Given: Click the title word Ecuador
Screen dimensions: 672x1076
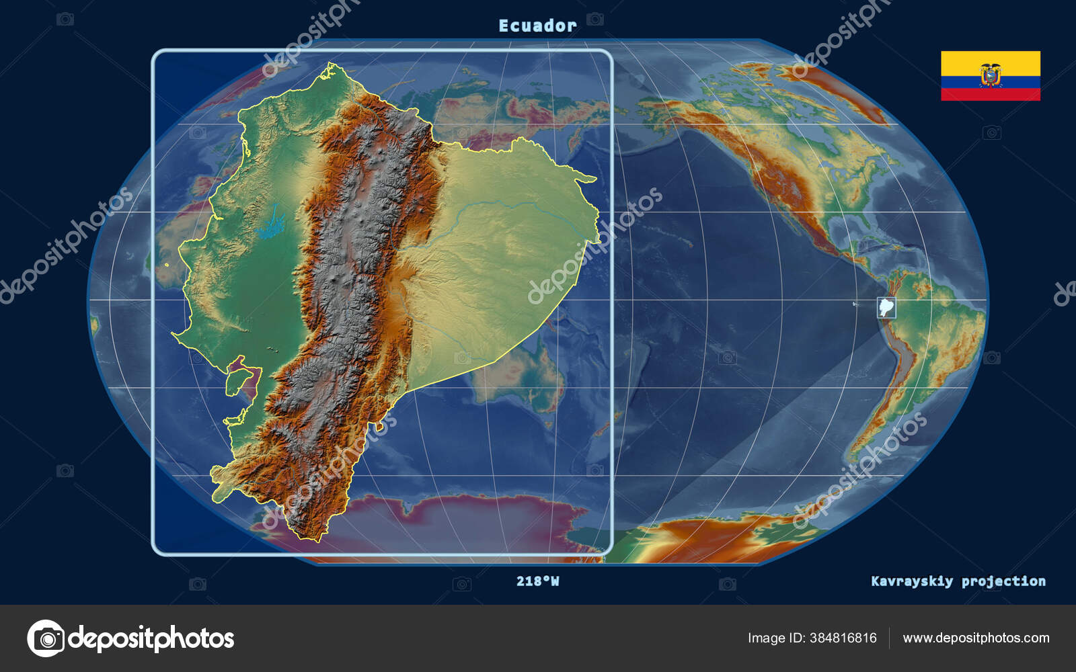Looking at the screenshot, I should click(537, 26).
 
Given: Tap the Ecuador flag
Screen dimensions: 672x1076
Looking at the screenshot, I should click(990, 76).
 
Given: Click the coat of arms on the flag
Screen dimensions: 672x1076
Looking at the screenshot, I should click(990, 75).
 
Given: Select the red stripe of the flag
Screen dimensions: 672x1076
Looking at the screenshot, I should click(990, 95).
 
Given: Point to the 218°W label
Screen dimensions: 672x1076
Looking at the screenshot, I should click(537, 581).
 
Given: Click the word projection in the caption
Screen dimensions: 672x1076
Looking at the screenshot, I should click(1003, 581).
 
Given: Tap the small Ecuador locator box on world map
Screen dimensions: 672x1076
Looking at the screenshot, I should click(886, 308).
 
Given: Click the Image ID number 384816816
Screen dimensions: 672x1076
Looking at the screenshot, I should click(843, 638).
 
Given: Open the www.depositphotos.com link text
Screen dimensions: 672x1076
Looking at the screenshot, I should click(976, 638).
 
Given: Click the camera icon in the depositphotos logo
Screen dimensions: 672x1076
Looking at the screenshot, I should click(46, 638).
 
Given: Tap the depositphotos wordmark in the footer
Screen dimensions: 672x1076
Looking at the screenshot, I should click(151, 638).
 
